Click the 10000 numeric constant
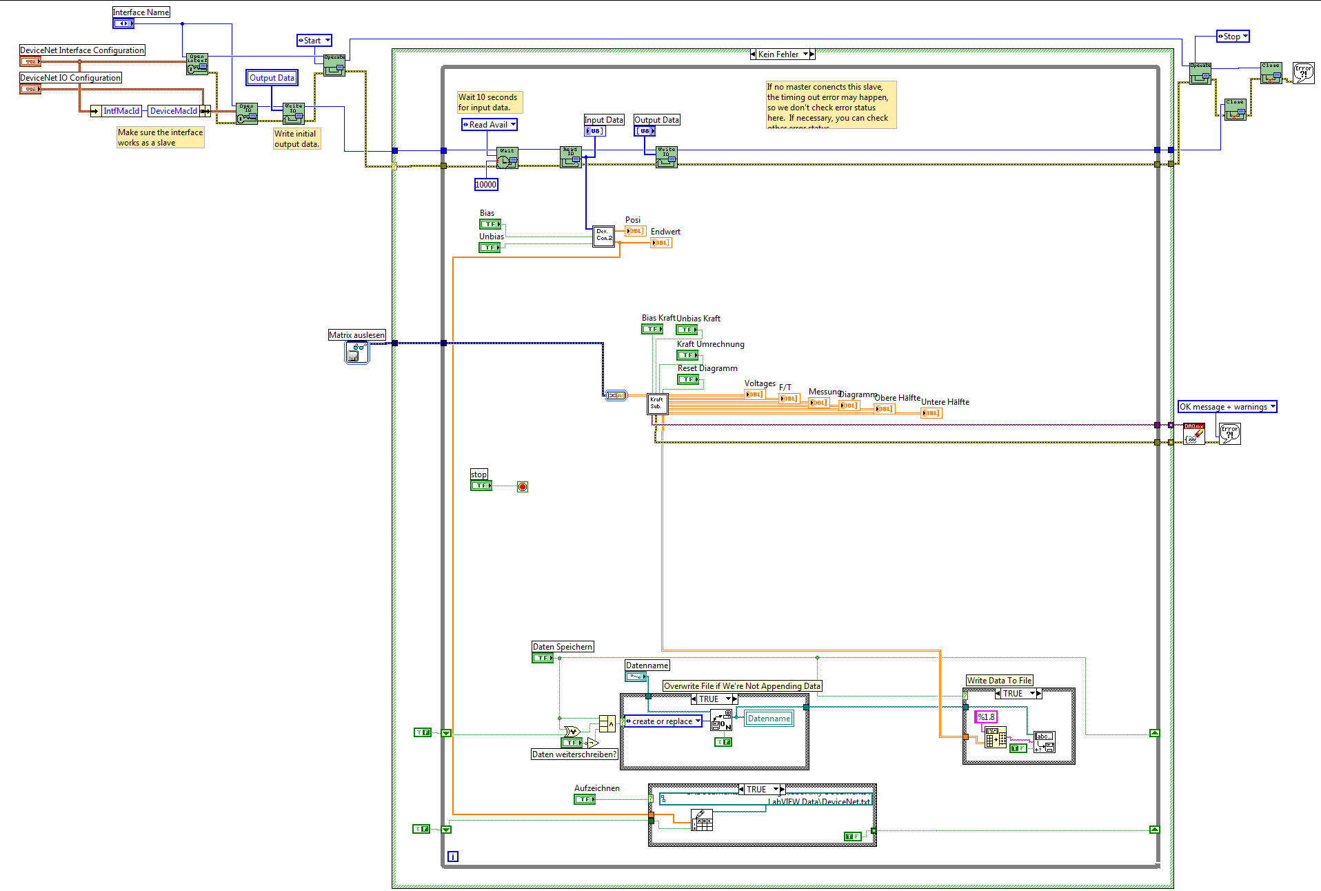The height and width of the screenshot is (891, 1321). click(x=485, y=184)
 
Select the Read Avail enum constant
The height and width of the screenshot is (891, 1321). click(x=489, y=125)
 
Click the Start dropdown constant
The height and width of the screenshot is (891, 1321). click(x=314, y=41)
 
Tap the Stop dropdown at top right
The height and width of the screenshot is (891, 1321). click(x=1232, y=37)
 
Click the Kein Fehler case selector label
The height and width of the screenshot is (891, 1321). click(x=783, y=54)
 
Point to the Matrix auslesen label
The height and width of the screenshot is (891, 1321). click(x=356, y=335)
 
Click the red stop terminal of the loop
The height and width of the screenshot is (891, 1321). click(x=523, y=487)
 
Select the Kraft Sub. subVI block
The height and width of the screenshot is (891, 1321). click(x=656, y=403)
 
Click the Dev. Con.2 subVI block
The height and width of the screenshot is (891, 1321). click(x=603, y=235)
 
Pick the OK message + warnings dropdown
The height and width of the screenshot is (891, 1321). click(x=1227, y=407)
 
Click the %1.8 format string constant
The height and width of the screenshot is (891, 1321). click(x=986, y=717)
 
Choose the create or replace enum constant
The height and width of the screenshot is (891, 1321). click(x=663, y=721)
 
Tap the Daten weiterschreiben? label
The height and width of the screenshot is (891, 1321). click(x=574, y=754)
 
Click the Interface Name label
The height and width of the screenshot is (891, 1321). click(x=141, y=12)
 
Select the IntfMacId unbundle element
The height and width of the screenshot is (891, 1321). click(x=121, y=111)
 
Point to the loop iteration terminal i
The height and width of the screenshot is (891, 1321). click(x=452, y=857)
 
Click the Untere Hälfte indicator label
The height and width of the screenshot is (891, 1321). click(x=945, y=402)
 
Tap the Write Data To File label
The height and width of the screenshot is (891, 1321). click(x=999, y=681)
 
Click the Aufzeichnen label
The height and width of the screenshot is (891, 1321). click(x=596, y=788)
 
